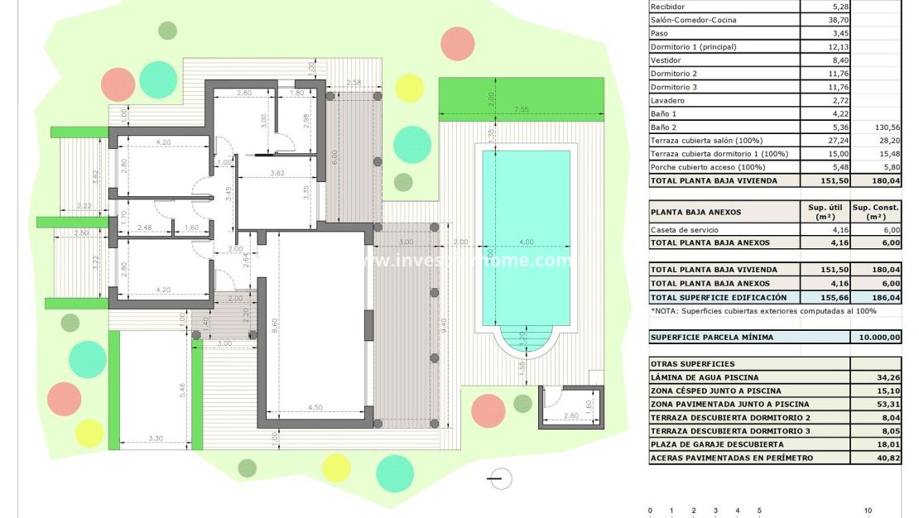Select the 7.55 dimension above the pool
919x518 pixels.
(521, 109)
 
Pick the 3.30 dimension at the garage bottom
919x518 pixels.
(155, 438)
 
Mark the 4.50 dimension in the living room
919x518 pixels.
(315, 406)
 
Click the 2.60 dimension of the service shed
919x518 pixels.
(570, 416)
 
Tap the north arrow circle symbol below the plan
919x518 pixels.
(500, 478)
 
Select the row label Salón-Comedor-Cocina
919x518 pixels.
(693, 20)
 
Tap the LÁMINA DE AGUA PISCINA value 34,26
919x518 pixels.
(888, 377)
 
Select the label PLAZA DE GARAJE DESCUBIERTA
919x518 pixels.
(717, 444)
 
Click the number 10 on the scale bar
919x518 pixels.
(868, 511)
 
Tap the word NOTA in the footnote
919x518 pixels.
(666, 310)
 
